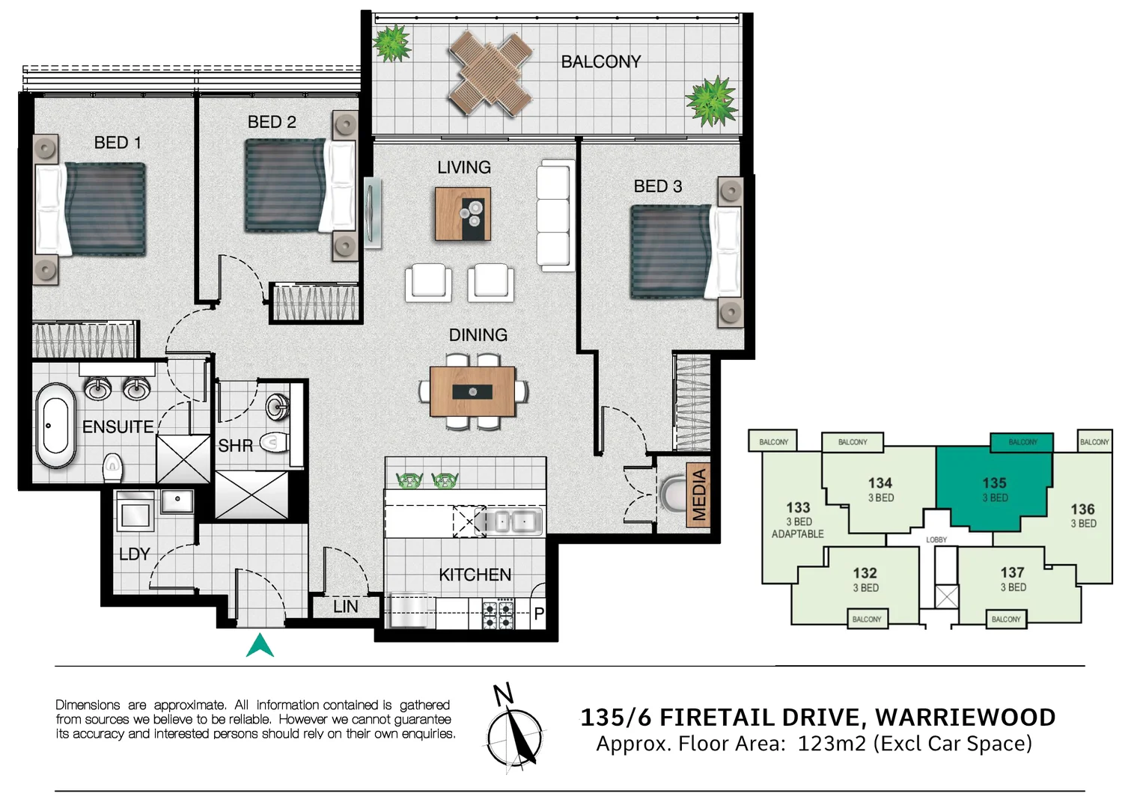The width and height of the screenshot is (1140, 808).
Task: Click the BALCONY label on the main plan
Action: pyautogui.click(x=600, y=61)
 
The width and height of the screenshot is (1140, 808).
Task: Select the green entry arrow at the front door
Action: pyautogui.click(x=260, y=646)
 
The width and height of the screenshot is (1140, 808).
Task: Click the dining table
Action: pyautogui.click(x=472, y=391)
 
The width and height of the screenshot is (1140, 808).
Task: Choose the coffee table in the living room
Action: pyautogui.click(x=463, y=214)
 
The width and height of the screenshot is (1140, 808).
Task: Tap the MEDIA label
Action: pyautogui.click(x=699, y=494)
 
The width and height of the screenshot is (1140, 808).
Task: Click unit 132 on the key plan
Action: pyautogui.click(x=865, y=579)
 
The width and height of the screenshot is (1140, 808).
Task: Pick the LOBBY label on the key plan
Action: pyautogui.click(x=936, y=539)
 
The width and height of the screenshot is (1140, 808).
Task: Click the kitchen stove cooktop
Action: pyautogui.click(x=498, y=614)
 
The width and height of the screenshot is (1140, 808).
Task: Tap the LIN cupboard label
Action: pyautogui.click(x=345, y=607)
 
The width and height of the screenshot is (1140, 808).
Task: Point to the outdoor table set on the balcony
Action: pyautogui.click(x=490, y=73)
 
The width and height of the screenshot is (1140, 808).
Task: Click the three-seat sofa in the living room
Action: pyautogui.click(x=555, y=215)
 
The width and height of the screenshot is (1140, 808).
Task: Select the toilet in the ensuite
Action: pyautogui.click(x=112, y=468)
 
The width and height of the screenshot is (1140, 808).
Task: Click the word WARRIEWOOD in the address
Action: pyautogui.click(x=965, y=717)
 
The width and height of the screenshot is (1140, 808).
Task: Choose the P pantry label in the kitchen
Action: pyautogui.click(x=539, y=613)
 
